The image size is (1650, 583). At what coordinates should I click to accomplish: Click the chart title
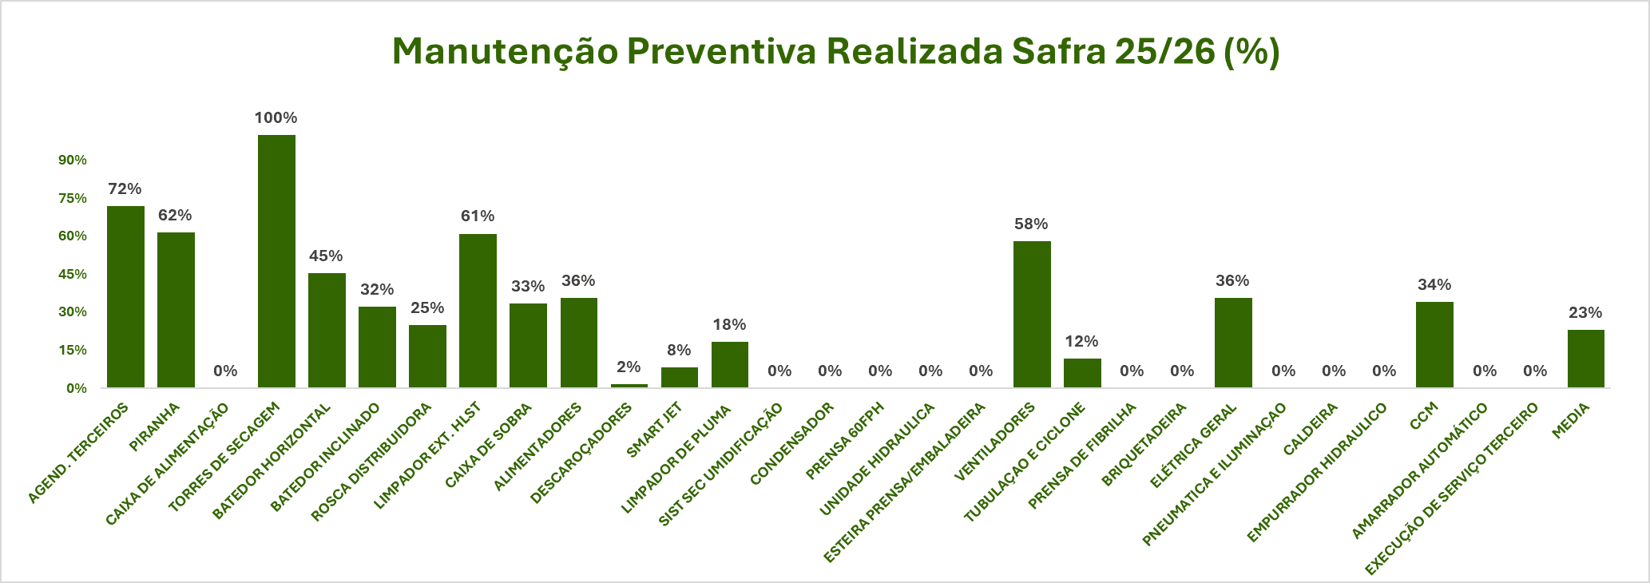coord(835,52)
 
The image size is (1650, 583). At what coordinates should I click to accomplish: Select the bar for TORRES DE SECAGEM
coord(276,261)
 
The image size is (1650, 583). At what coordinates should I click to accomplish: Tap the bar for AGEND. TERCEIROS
coord(125,296)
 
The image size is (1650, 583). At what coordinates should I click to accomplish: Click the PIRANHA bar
coord(176,310)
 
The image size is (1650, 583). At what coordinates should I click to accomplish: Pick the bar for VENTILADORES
coord(1032,314)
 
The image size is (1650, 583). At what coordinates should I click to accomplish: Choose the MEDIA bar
coord(1585,359)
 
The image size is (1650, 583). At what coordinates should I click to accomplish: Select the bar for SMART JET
coord(679,377)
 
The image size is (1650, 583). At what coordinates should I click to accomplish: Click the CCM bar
coord(1434,344)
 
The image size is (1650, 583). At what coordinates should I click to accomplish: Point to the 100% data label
coord(276,118)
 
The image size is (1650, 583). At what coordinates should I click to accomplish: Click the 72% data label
coord(125,189)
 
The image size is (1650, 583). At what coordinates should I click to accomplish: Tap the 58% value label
coord(1031,224)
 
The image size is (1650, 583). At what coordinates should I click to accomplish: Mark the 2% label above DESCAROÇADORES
coord(629,367)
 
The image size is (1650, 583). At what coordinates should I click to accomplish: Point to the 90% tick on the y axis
coord(73,161)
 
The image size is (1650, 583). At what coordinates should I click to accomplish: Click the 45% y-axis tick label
coord(73,275)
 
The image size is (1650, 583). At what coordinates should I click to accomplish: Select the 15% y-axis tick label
coord(73,351)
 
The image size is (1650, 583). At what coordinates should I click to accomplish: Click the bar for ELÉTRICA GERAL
coord(1233,343)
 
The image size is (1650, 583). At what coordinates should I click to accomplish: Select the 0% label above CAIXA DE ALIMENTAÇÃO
coord(226,371)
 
